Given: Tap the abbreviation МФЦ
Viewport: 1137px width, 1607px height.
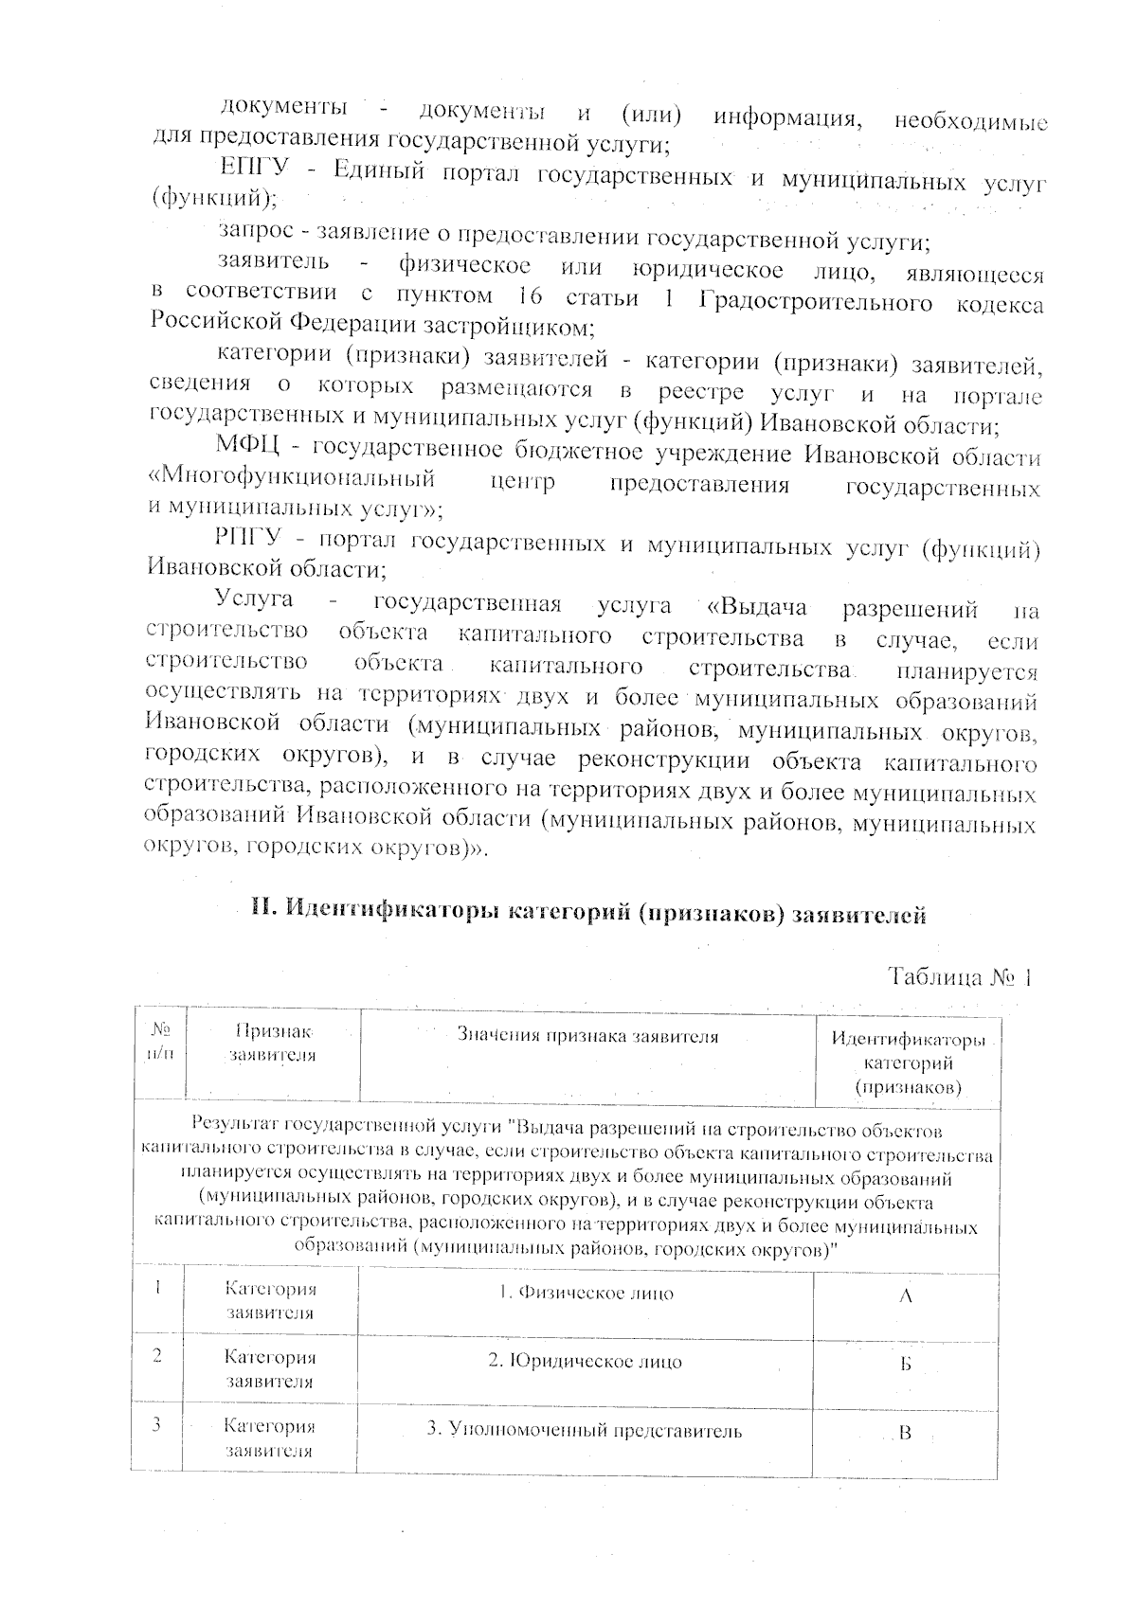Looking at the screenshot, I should pyautogui.click(x=249, y=447).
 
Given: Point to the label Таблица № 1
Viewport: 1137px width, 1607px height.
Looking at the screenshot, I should pyautogui.click(x=958, y=977).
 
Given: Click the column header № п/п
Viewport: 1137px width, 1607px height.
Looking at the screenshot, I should pyautogui.click(x=160, y=1041).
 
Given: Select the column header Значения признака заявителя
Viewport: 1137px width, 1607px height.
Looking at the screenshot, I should pyautogui.click(x=587, y=1036).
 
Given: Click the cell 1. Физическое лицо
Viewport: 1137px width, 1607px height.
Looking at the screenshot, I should pyautogui.click(x=587, y=1294).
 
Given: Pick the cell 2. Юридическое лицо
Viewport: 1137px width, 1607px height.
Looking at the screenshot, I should pyautogui.click(x=585, y=1362).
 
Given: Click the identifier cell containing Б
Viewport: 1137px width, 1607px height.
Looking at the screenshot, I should pyautogui.click(x=905, y=1366).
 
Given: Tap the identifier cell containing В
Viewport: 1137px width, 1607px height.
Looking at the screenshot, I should pyautogui.click(x=905, y=1434).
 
